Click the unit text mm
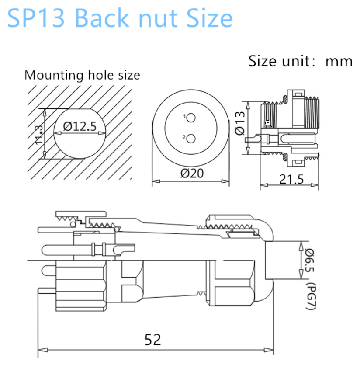[x=339, y=61]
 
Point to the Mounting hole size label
[x=82, y=75]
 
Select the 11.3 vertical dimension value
[x=39, y=134]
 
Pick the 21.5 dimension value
[x=291, y=179]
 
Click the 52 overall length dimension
[x=152, y=339]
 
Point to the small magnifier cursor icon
[x=268, y=123]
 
